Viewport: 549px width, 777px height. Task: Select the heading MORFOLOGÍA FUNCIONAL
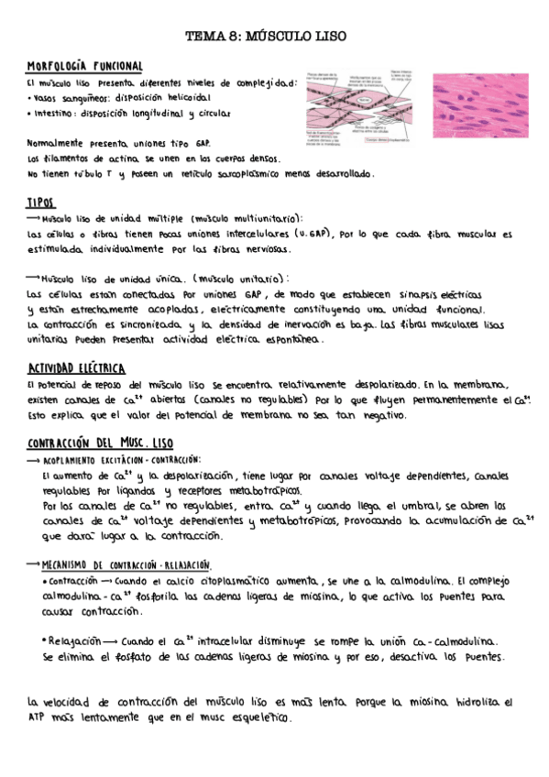point(85,67)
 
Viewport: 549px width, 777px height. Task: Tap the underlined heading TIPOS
point(41,202)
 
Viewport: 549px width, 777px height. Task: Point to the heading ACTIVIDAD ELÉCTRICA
point(76,368)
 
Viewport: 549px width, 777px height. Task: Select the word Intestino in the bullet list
point(55,114)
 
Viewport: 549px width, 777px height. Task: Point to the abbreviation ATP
point(37,717)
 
